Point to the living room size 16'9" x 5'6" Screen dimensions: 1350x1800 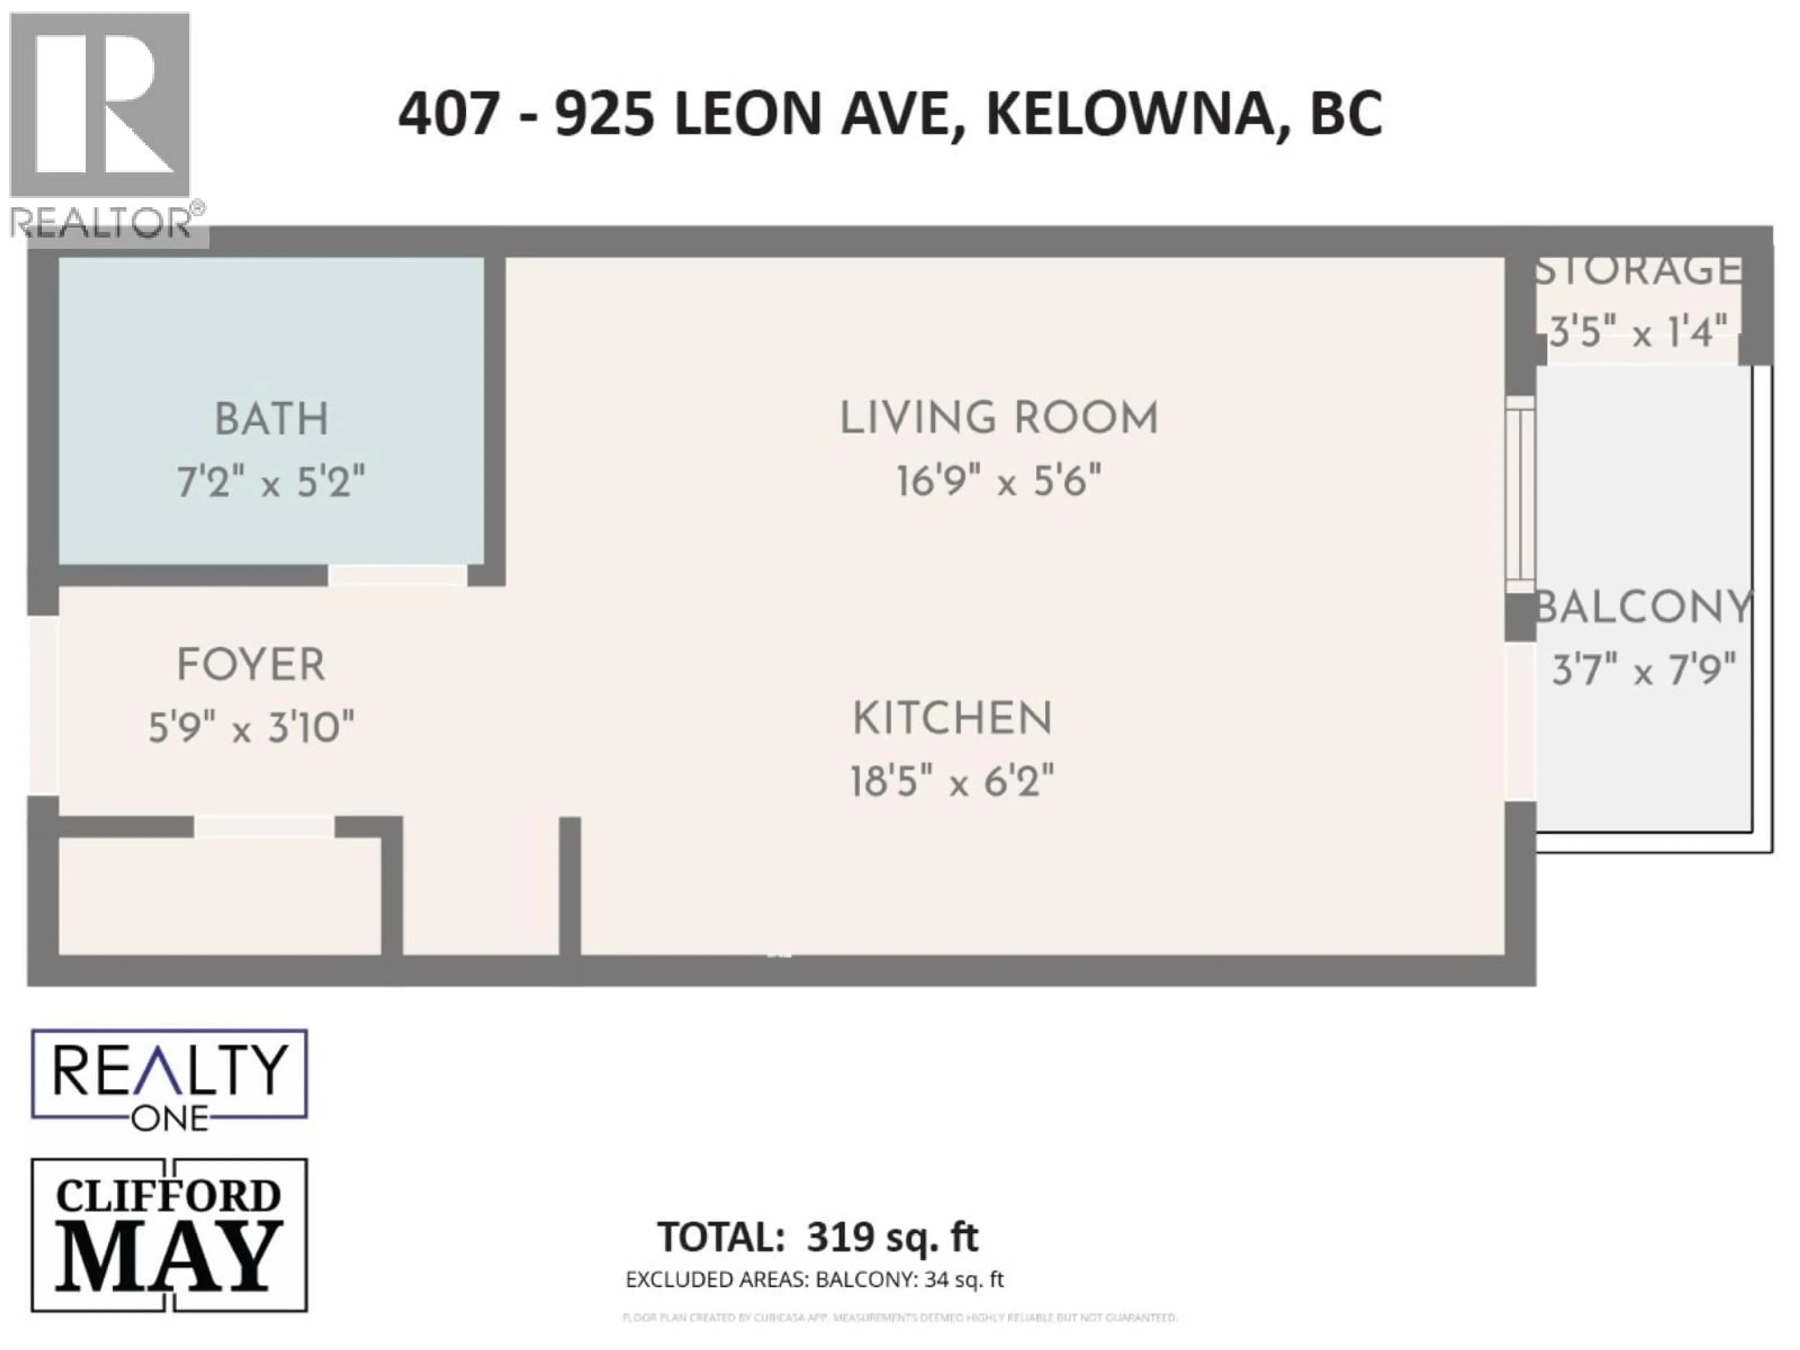tap(998, 481)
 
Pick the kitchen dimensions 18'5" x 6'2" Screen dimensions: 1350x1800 tap(952, 782)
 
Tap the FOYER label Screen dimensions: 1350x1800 tap(251, 666)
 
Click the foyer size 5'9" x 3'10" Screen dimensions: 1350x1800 tap(251, 727)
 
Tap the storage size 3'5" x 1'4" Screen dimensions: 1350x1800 tap(1637, 332)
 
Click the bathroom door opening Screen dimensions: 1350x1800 tap(397, 575)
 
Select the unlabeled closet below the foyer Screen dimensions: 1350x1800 tap(220, 895)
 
